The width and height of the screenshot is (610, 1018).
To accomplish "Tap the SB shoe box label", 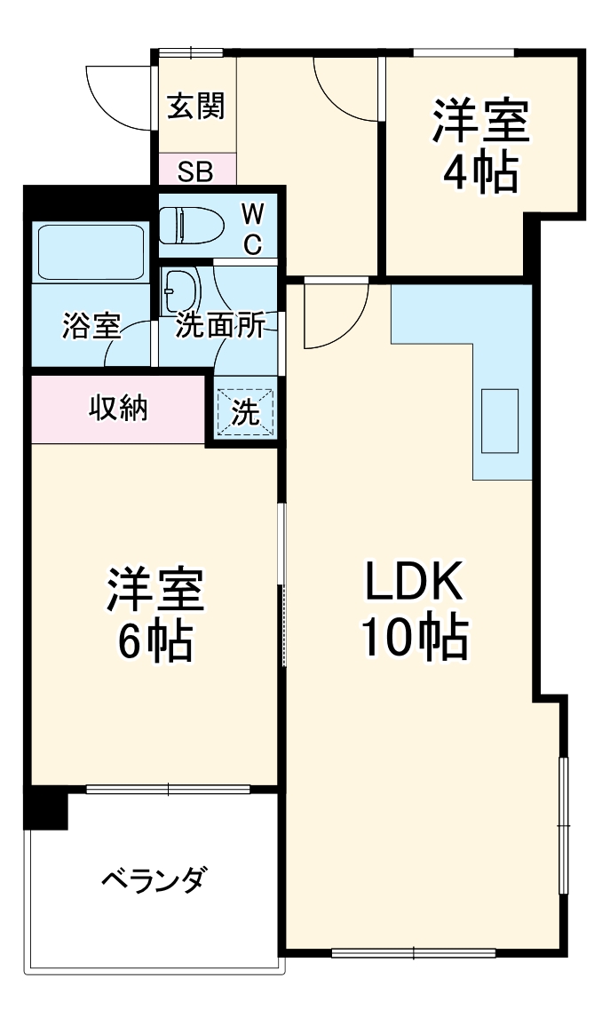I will [x=194, y=171].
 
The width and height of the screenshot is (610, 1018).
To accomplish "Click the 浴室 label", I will [x=91, y=326].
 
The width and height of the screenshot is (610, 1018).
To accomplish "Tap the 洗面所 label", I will [x=218, y=326].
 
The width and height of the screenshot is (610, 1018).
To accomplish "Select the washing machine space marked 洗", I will [x=246, y=410].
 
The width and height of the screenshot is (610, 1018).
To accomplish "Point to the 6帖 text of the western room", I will [x=155, y=639].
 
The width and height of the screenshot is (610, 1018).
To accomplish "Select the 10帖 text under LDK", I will [x=414, y=637].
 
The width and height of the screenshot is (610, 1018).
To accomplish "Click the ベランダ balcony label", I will [x=154, y=881].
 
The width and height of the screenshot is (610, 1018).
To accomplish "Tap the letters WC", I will [x=252, y=228].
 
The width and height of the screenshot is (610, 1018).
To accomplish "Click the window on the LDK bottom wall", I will [x=412, y=953].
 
